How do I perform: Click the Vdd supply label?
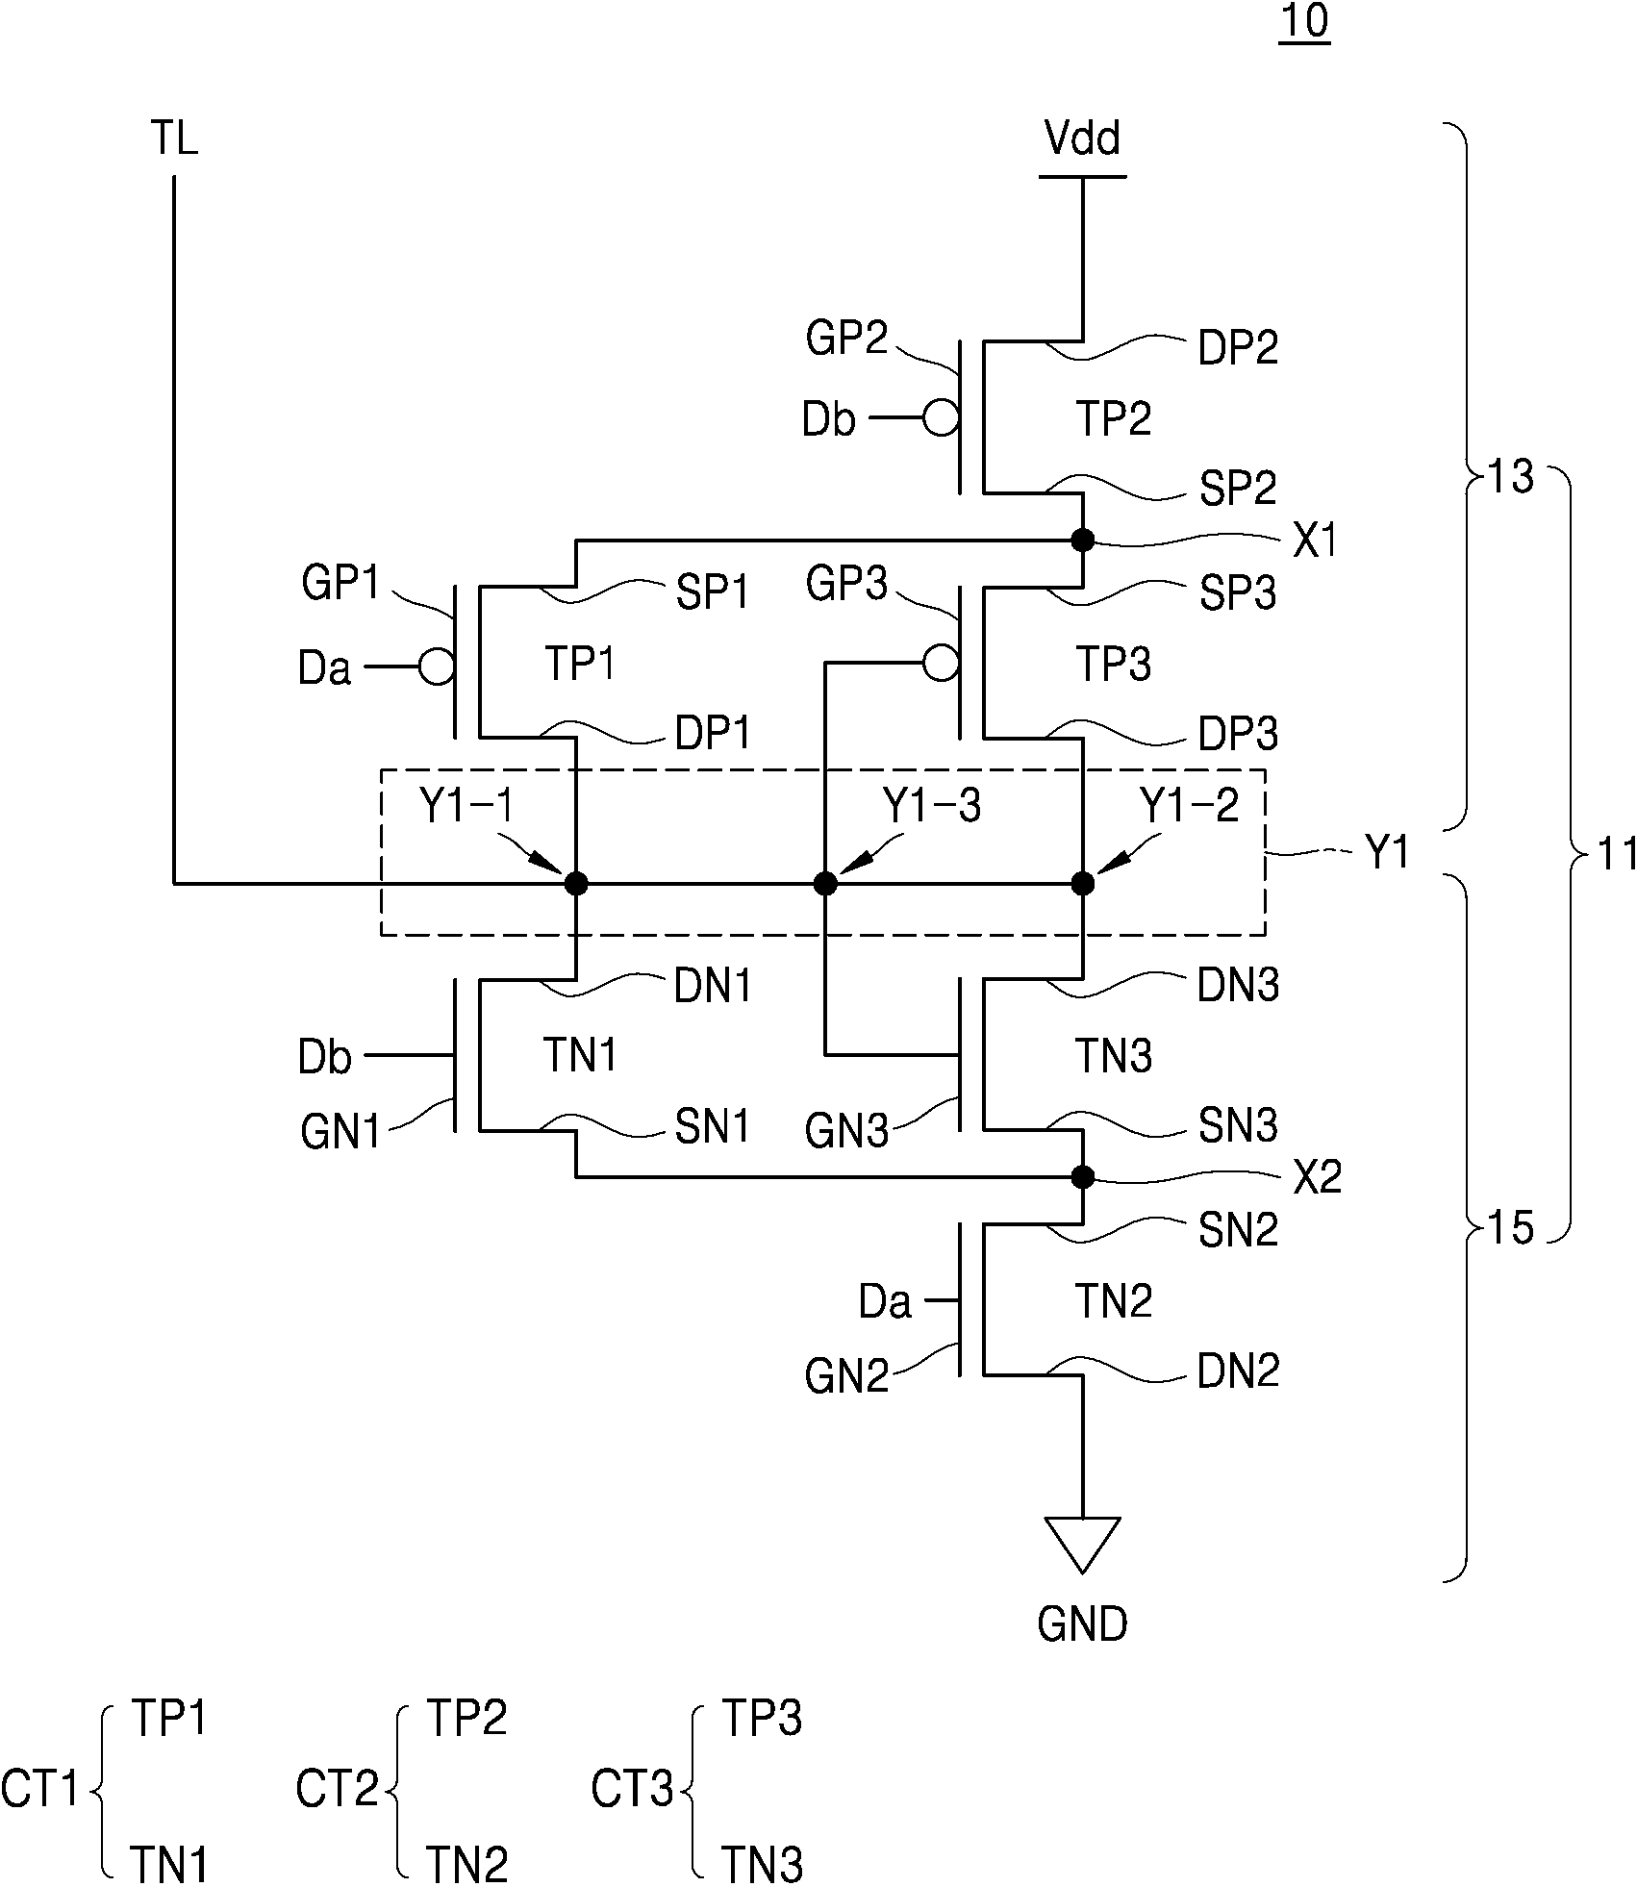pyautogui.click(x=1082, y=139)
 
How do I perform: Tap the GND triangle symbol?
pyautogui.click(x=1082, y=1544)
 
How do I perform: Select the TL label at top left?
pyautogui.click(x=174, y=139)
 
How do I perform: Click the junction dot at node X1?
pyautogui.click(x=1083, y=540)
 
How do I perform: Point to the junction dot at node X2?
pyautogui.click(x=1083, y=1176)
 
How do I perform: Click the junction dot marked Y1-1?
pyautogui.click(x=575, y=882)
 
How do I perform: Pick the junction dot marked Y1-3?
pyautogui.click(x=825, y=882)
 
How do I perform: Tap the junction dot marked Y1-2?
pyautogui.click(x=1083, y=882)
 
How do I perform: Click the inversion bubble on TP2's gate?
pyautogui.click(x=940, y=418)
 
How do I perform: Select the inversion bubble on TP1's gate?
pyautogui.click(x=437, y=666)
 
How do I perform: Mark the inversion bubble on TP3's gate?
pyautogui.click(x=940, y=663)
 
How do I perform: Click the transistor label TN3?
pyautogui.click(x=1113, y=1056)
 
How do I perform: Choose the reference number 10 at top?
pyautogui.click(x=1304, y=22)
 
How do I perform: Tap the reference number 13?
pyautogui.click(x=1510, y=476)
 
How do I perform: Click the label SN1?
pyautogui.click(x=712, y=1126)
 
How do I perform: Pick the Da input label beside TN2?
pyautogui.click(x=885, y=1302)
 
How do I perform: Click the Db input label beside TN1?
pyautogui.click(x=325, y=1057)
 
